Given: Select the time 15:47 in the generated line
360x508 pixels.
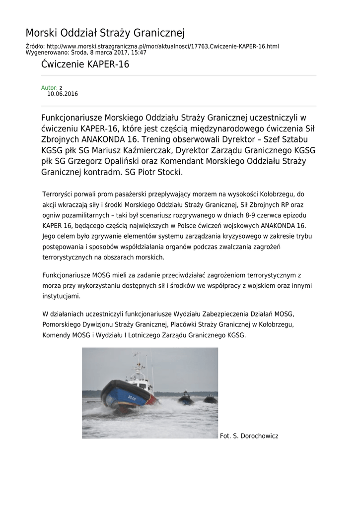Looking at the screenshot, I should [139, 52].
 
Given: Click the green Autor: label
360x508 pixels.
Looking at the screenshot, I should [49, 88].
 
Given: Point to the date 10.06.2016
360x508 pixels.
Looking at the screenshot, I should [63, 94].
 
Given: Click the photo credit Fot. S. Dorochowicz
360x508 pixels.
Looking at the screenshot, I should [249, 436].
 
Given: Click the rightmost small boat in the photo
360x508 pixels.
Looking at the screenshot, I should [211, 399].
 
